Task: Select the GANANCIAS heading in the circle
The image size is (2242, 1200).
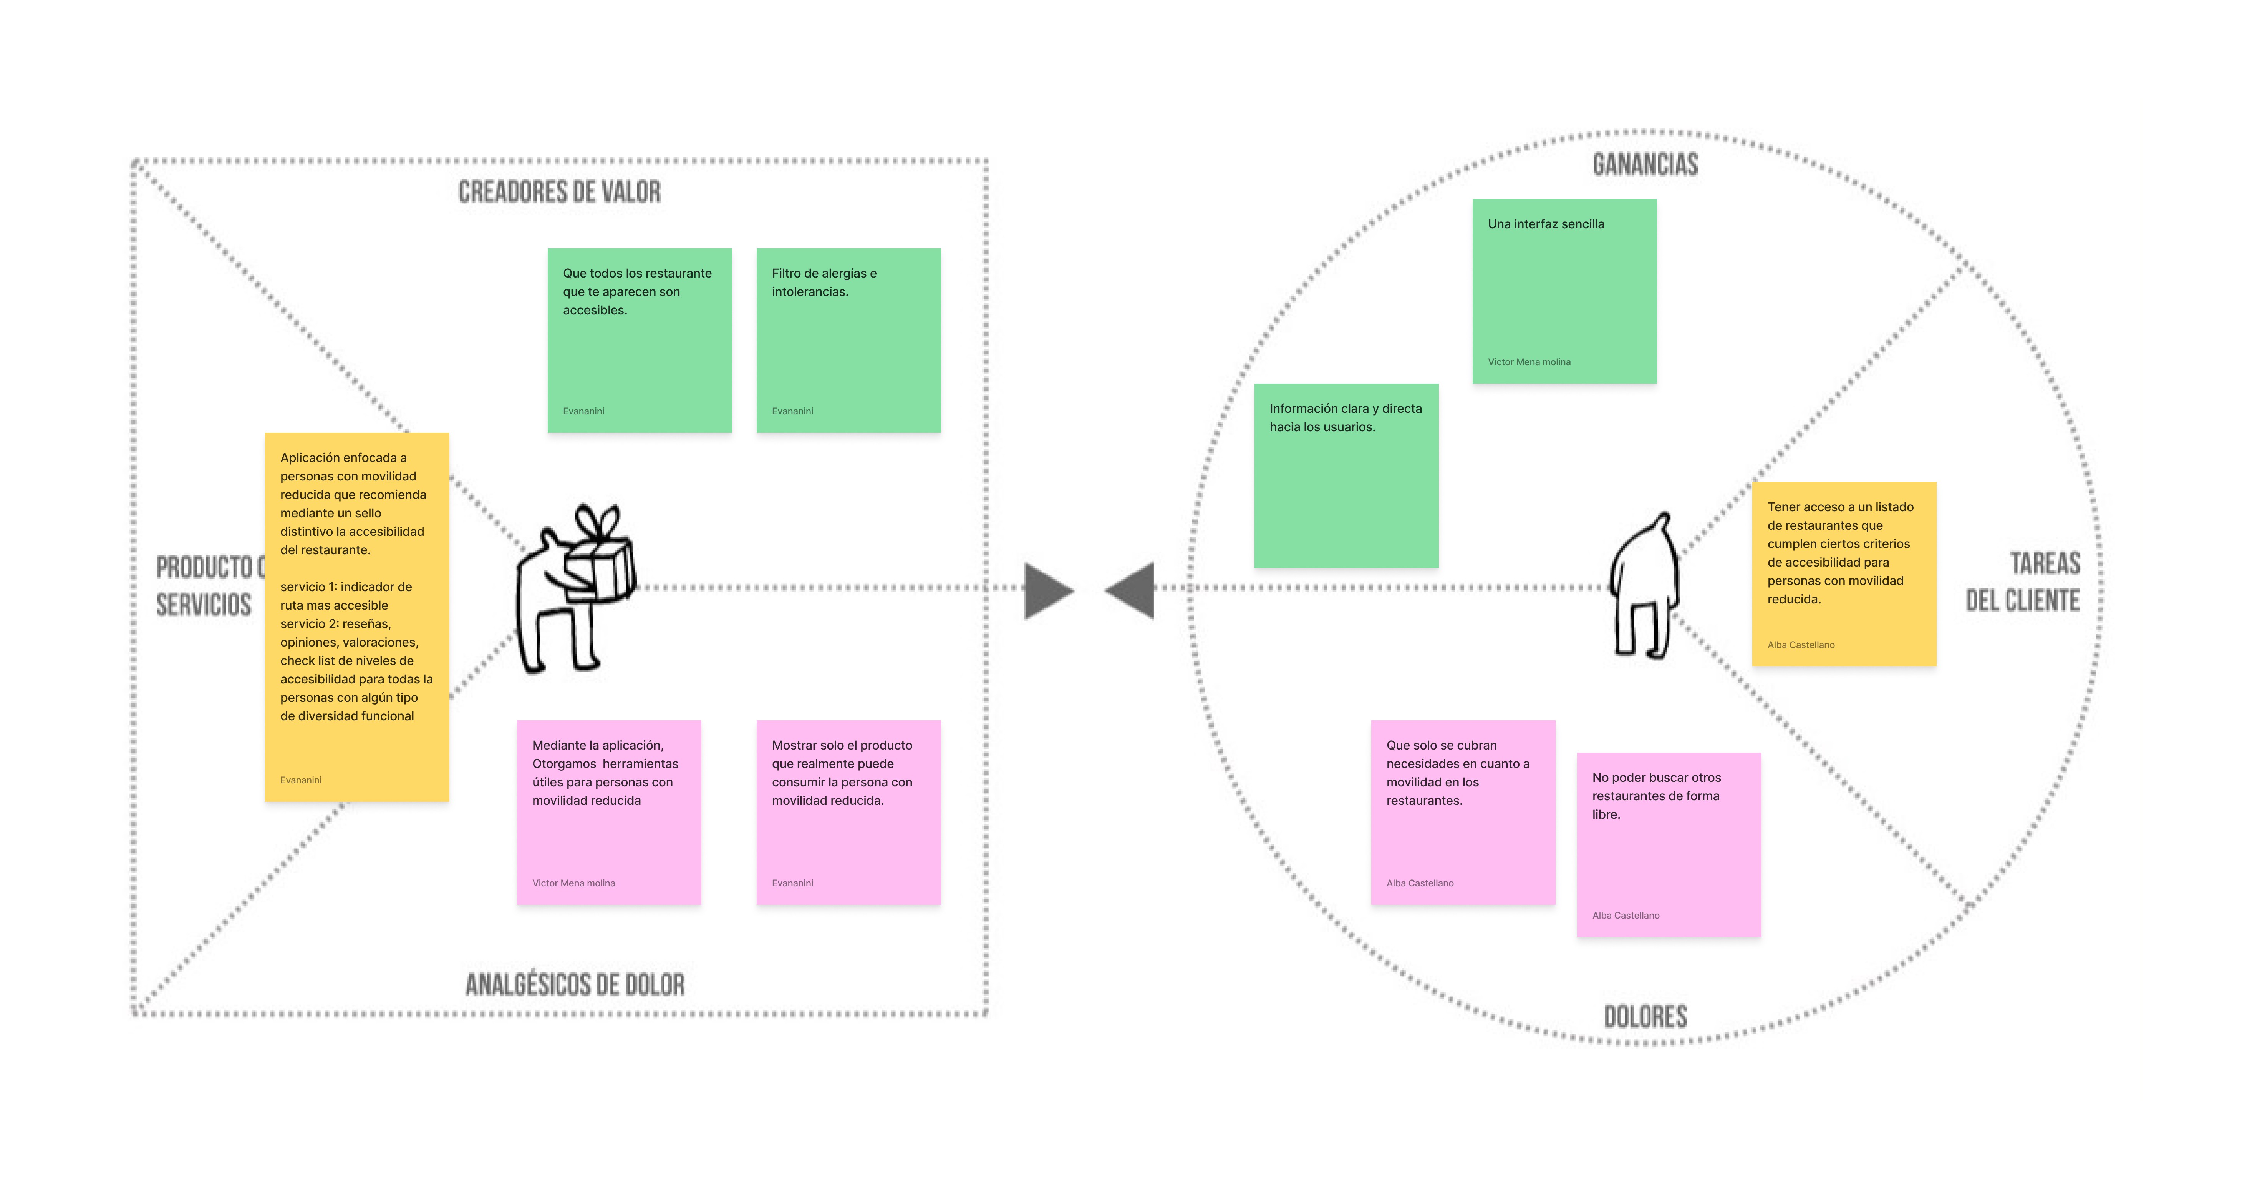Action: [1645, 165]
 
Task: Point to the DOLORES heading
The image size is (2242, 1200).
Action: [1645, 1016]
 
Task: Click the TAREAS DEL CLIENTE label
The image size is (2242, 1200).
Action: [2023, 582]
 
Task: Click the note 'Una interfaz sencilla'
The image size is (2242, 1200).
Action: [1564, 291]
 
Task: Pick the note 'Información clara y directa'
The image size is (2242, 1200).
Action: [1346, 475]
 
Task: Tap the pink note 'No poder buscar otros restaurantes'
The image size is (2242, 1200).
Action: [1669, 845]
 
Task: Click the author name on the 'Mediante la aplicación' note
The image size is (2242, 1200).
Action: [573, 883]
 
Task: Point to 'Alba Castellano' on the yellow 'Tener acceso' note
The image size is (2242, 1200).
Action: [1801, 645]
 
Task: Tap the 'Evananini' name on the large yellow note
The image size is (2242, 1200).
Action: [300, 780]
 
